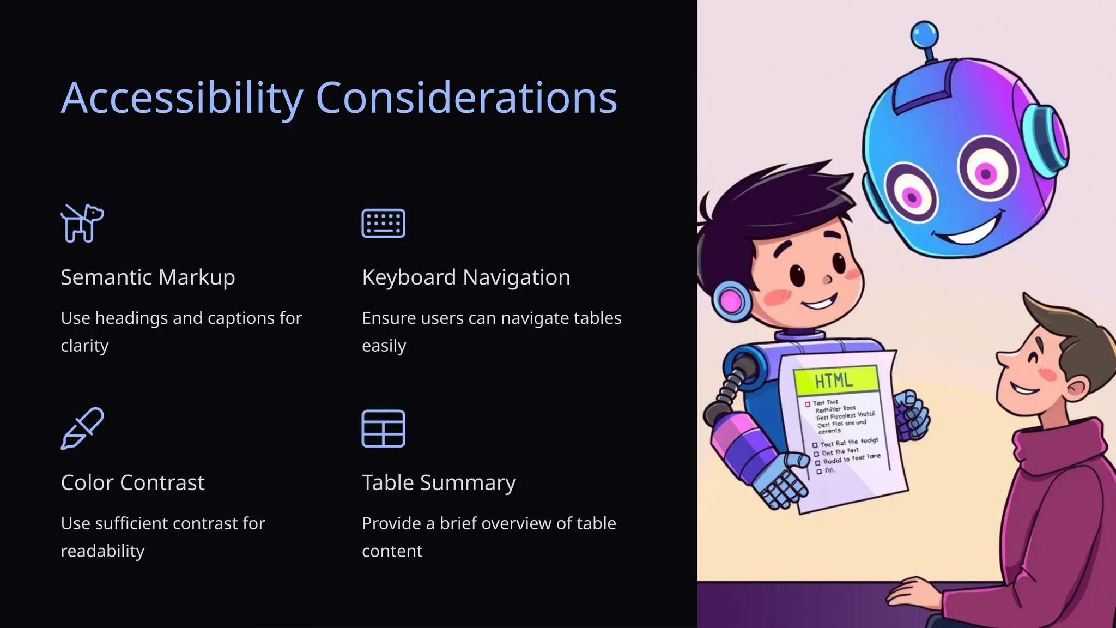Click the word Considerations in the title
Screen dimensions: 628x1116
[466, 98]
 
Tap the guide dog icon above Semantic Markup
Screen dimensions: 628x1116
[82, 223]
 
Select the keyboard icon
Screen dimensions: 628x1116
[383, 223]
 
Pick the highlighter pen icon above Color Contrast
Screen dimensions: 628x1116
[82, 428]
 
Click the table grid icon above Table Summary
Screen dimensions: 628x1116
[383, 428]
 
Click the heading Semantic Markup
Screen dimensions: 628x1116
[148, 277]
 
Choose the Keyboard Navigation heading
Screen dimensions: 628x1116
[466, 277]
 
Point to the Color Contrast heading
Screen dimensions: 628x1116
[132, 483]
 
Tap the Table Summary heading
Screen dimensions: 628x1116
[439, 483]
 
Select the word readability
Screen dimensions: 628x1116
[102, 551]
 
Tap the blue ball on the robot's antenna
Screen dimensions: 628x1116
[924, 35]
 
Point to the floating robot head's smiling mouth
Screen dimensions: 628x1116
[973, 232]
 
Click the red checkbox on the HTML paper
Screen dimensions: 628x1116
[808, 404]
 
